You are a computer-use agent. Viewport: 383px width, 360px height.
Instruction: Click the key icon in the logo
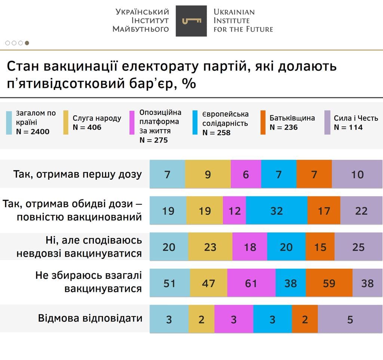[191, 21]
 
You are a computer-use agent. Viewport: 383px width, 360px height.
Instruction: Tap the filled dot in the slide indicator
[27, 43]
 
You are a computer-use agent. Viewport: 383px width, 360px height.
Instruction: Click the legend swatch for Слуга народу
[66, 122]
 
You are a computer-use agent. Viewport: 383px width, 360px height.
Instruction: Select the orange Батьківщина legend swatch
[263, 122]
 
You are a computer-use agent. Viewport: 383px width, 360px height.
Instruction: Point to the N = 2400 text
[33, 131]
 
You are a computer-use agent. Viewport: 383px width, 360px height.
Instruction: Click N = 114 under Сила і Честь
[348, 127]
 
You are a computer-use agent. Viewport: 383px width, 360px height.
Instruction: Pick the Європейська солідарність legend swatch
[196, 122]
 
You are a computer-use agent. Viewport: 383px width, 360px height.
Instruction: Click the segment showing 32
[277, 211]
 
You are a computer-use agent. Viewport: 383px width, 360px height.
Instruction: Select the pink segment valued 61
[251, 283]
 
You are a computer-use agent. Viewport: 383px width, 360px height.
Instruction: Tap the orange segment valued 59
[329, 283]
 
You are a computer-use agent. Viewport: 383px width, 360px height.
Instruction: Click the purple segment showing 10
[357, 174]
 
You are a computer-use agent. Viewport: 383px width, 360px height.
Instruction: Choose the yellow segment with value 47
[208, 283]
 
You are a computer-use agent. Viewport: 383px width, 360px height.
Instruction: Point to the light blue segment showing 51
[169, 283]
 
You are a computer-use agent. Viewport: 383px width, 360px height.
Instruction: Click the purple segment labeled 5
[350, 319]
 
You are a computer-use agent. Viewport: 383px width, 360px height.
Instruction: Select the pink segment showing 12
[235, 211]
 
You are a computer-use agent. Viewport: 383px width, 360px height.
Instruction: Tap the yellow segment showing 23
[210, 247]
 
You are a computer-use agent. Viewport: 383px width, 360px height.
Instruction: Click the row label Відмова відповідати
[90, 318]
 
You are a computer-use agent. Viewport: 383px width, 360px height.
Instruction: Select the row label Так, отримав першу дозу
[77, 174]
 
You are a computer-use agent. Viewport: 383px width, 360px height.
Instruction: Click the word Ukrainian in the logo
[234, 12]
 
